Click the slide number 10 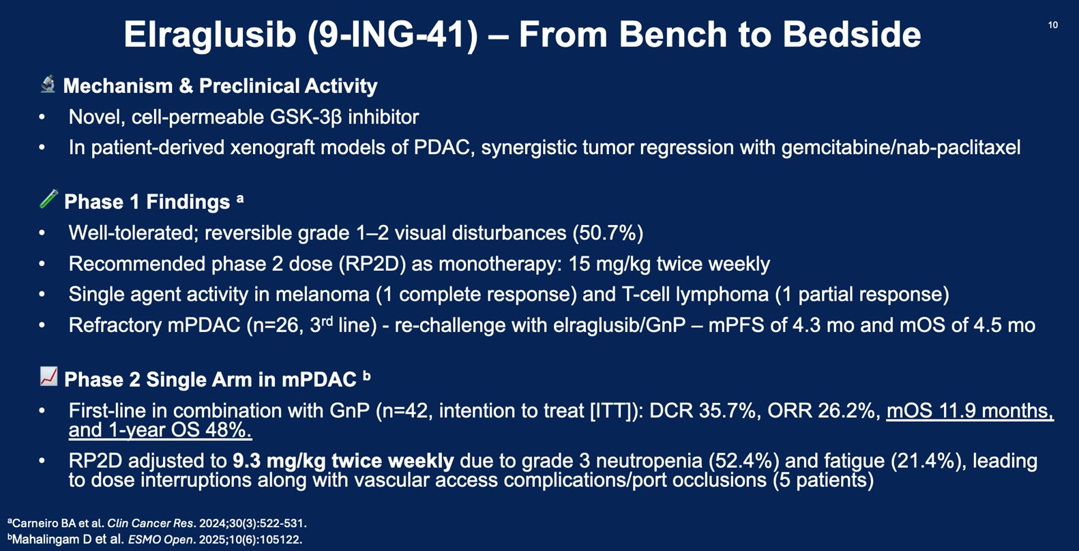pos(1053,25)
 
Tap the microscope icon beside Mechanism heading pos(48,85)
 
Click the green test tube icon pos(48,199)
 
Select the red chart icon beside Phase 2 pos(48,376)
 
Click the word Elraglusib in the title pos(210,35)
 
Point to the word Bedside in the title pos(852,35)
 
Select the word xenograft pos(272,147)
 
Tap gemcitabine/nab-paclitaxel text pos(901,147)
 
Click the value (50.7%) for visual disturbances pos(608,233)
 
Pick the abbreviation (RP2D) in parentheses pos(372,264)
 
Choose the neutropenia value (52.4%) pos(744,462)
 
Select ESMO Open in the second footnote pos(160,540)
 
